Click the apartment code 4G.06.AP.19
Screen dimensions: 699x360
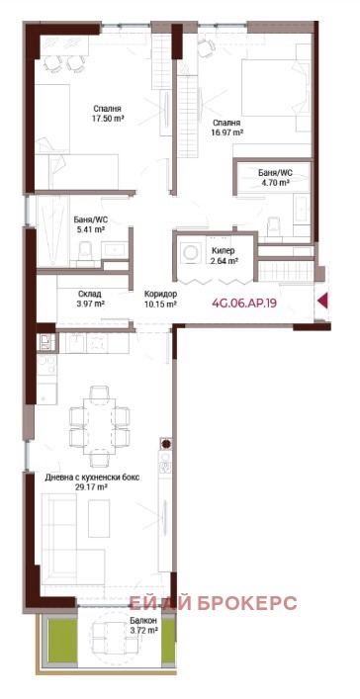243,304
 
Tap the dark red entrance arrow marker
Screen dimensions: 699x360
322,303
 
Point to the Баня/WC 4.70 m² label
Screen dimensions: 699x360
274,176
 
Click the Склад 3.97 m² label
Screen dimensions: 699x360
90,299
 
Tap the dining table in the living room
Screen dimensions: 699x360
100,422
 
